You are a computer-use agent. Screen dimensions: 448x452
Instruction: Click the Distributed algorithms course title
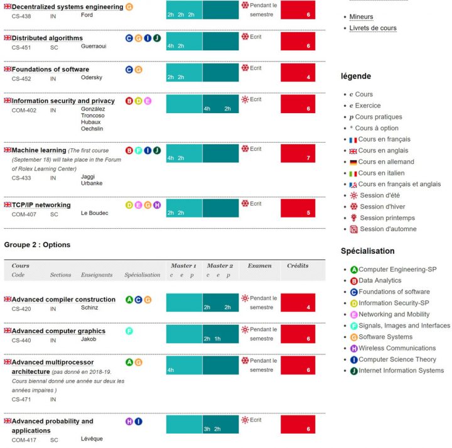point(47,38)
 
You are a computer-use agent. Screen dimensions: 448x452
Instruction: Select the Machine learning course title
point(39,151)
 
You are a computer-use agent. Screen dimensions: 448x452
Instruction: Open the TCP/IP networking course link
point(41,205)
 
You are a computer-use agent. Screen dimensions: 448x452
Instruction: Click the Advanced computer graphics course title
point(58,331)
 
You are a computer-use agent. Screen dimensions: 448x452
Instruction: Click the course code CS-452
point(21,79)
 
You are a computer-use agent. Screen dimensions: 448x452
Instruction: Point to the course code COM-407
point(23,214)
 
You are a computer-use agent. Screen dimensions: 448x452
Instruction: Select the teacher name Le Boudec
point(94,214)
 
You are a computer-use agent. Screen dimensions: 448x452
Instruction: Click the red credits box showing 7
point(298,154)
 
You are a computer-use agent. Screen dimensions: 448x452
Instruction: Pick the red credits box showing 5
point(298,208)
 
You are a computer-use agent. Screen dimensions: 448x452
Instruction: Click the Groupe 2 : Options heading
point(37,244)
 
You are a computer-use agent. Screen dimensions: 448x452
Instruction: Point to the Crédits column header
point(298,266)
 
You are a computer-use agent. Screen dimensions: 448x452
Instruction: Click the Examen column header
point(259,266)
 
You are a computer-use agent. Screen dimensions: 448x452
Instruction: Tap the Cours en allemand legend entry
point(386,162)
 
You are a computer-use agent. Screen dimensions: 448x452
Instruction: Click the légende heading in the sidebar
point(356,76)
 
